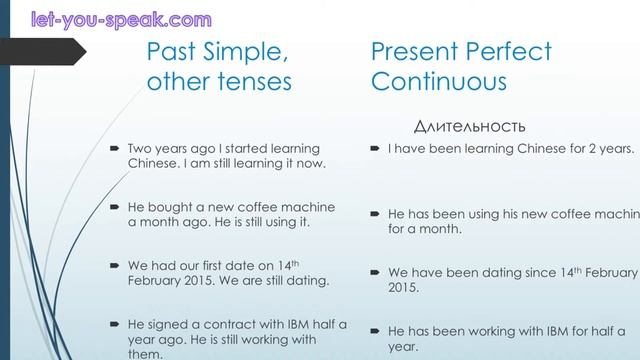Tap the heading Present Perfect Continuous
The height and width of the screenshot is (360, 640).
461,66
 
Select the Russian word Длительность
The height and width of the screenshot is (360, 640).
469,126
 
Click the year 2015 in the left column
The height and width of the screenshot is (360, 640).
210,282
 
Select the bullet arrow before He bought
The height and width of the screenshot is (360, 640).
115,207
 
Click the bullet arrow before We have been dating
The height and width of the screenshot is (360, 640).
376,272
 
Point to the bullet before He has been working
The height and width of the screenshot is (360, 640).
376,330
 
